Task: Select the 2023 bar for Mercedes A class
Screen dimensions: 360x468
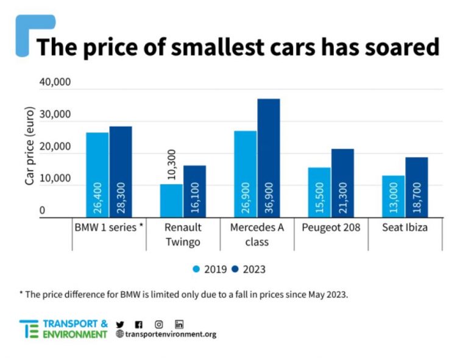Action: pos(268,158)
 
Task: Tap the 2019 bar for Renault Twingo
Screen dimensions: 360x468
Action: pos(171,200)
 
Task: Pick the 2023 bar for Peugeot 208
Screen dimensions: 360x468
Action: pos(342,183)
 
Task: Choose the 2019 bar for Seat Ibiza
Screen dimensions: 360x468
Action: pos(393,196)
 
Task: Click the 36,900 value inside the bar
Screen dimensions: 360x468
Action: pos(269,198)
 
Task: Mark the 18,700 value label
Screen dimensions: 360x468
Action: pos(417,199)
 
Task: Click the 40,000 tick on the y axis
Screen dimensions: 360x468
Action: pos(55,83)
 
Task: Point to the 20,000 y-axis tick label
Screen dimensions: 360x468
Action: pos(55,147)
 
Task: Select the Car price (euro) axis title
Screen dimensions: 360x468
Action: pos(29,146)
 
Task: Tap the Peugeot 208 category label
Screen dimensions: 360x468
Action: pos(331,228)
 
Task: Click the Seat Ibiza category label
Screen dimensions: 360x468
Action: pos(405,228)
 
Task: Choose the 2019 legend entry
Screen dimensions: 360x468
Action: pos(210,269)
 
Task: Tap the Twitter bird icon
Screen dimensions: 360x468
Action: pos(119,324)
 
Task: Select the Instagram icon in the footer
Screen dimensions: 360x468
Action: pos(158,324)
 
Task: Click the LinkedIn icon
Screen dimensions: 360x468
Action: pos(179,324)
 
